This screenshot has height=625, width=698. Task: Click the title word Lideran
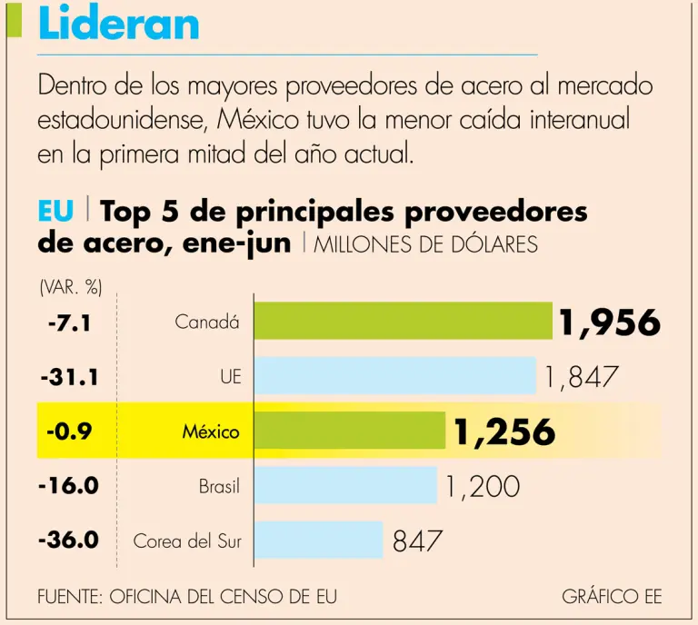pos(119,25)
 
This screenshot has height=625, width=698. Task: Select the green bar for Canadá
pos(403,321)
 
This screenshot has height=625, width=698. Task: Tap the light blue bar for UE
pos(394,375)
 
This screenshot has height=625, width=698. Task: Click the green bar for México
pos(349,431)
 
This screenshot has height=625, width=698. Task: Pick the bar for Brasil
pos(344,485)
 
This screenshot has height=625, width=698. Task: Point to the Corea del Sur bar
pos(318,540)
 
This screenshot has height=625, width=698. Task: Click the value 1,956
pos(609,322)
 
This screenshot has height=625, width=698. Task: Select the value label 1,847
pos(583,376)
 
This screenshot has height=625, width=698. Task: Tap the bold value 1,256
pos(504,432)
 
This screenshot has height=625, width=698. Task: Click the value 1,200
pos(483,486)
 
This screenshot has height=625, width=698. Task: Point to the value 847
pos(418,541)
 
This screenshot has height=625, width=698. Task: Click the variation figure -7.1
pos(69,322)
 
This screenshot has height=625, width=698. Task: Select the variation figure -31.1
pos(69,376)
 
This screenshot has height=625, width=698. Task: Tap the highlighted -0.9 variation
pos(69,432)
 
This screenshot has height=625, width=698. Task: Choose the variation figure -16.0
pos(69,485)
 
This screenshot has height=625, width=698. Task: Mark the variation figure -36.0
pos(69,540)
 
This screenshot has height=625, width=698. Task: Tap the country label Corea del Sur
pos(187,541)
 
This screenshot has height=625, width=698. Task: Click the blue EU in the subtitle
pos(55,213)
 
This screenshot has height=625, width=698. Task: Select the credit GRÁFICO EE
pos(612,597)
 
